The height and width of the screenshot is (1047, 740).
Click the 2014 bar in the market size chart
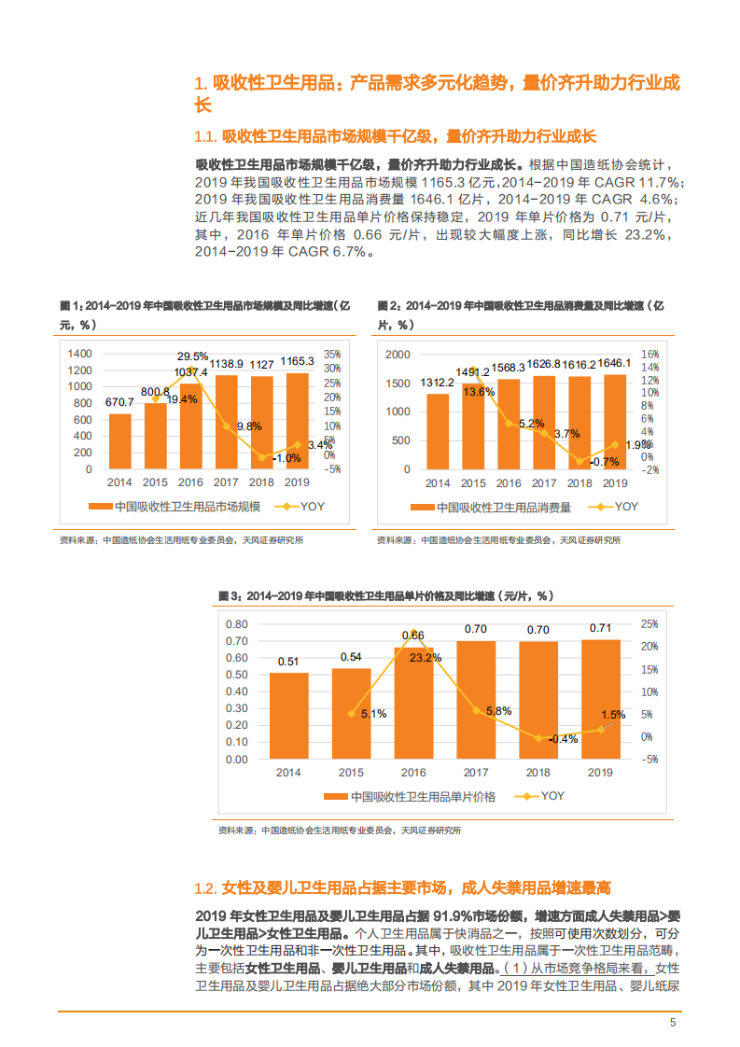coord(120,441)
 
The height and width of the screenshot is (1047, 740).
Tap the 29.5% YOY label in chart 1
coord(193,356)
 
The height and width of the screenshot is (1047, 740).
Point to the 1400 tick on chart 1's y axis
coord(80,354)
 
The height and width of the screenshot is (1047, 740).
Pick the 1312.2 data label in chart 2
coord(438,383)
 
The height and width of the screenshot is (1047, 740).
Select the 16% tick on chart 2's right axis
coord(649,355)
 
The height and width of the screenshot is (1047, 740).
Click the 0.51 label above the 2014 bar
coord(288,662)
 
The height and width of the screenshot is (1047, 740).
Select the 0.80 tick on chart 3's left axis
coord(236,623)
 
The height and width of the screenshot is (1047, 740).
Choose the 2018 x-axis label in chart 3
coord(538,773)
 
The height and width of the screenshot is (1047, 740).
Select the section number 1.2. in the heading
coord(204,887)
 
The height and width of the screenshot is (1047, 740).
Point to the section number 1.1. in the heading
coord(204,136)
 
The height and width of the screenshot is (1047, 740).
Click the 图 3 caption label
coord(230,595)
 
